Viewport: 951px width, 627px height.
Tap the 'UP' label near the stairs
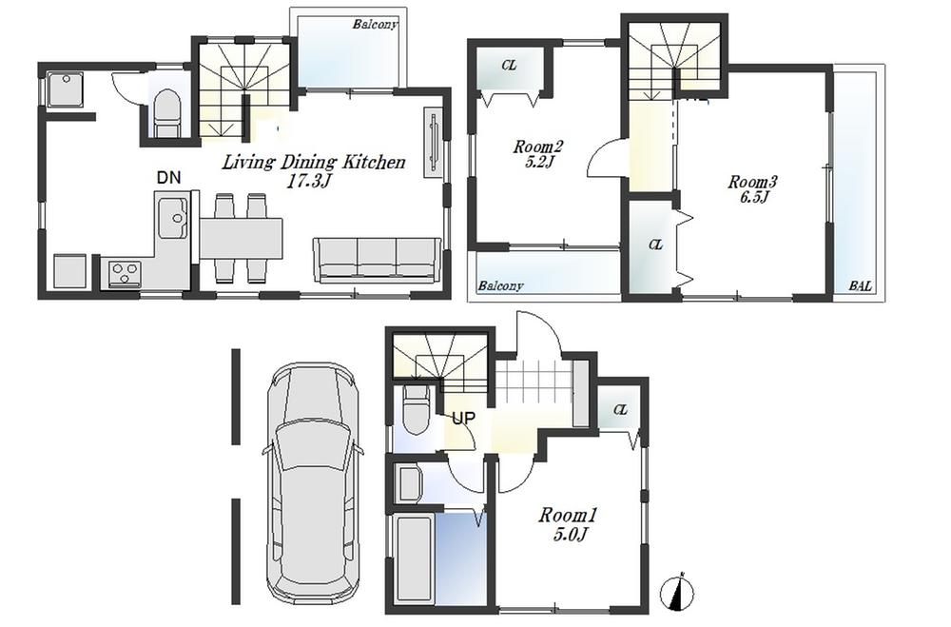point(463,418)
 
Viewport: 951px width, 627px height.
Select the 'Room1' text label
point(568,515)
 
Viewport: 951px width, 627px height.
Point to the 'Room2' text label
point(538,147)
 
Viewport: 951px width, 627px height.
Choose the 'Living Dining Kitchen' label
point(314,163)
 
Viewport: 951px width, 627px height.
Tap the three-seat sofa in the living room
point(378,259)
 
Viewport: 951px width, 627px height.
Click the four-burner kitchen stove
point(123,274)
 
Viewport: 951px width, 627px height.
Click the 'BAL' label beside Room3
point(861,285)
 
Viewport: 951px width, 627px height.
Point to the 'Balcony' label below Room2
point(500,286)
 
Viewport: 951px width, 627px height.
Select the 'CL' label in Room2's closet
point(510,66)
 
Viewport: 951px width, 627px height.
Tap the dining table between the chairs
point(242,238)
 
